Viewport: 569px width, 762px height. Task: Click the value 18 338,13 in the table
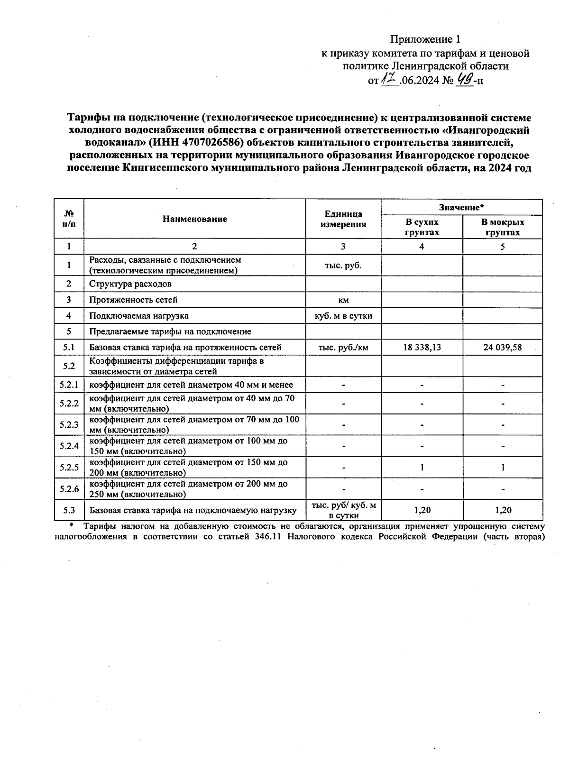[422, 347]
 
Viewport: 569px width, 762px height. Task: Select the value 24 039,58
[502, 347]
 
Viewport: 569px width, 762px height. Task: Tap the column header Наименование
[194, 219]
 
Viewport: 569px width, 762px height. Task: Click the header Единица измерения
[343, 219]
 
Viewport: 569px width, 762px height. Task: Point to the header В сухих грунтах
[422, 227]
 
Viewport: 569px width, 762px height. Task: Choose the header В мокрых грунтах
[502, 227]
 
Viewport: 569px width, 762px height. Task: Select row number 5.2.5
[69, 467]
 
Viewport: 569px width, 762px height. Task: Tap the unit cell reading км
[343, 300]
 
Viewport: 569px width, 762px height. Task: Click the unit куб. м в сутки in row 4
[343, 315]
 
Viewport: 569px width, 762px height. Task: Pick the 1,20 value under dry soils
[422, 510]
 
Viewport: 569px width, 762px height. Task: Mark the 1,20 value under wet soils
[502, 510]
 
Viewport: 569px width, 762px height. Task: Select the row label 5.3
[69, 510]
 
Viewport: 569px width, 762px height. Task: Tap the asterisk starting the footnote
[72, 525]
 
